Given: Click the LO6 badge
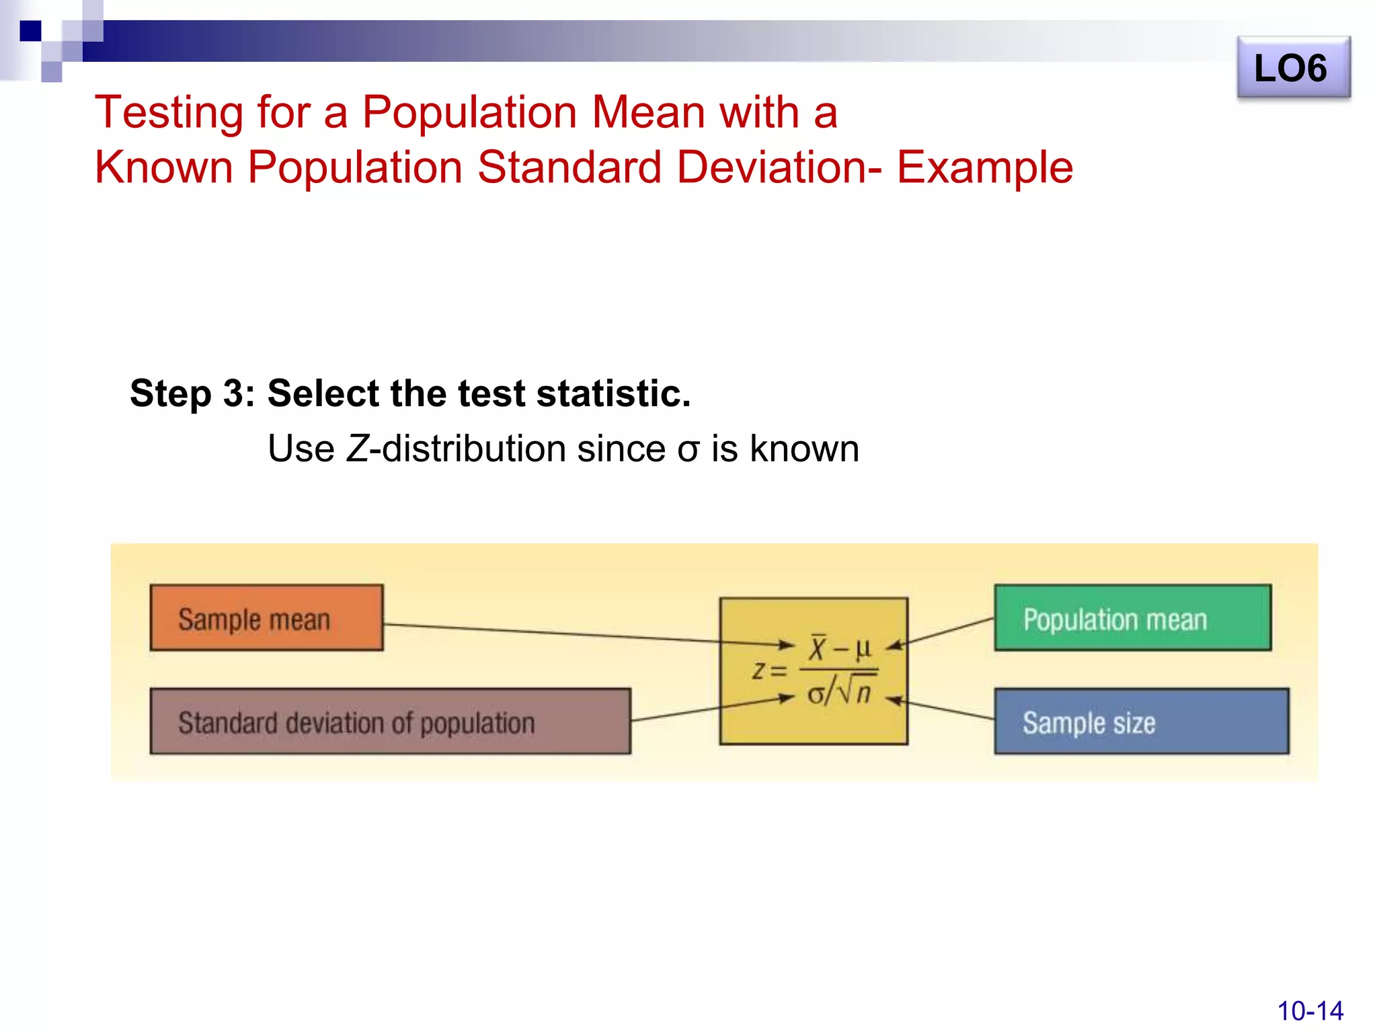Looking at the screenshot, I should point(1293,68).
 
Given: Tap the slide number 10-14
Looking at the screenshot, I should point(1309,1011).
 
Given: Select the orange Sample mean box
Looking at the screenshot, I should point(266,617).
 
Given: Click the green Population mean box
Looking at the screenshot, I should point(1132,617).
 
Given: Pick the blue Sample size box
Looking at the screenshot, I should point(1141,721).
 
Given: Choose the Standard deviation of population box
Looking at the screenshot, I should point(390,721).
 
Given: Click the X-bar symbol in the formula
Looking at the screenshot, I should point(818,648).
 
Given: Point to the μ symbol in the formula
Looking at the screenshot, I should point(863,648).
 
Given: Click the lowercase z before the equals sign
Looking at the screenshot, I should point(758,671).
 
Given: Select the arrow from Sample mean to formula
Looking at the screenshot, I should point(585,634).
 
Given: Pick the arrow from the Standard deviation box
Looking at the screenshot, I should point(713,710).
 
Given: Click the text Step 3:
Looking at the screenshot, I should point(192,393).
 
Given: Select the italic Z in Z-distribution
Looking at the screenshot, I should point(357,449).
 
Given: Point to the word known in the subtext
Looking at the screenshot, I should point(804,449).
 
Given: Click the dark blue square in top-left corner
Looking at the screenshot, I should point(30,31).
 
